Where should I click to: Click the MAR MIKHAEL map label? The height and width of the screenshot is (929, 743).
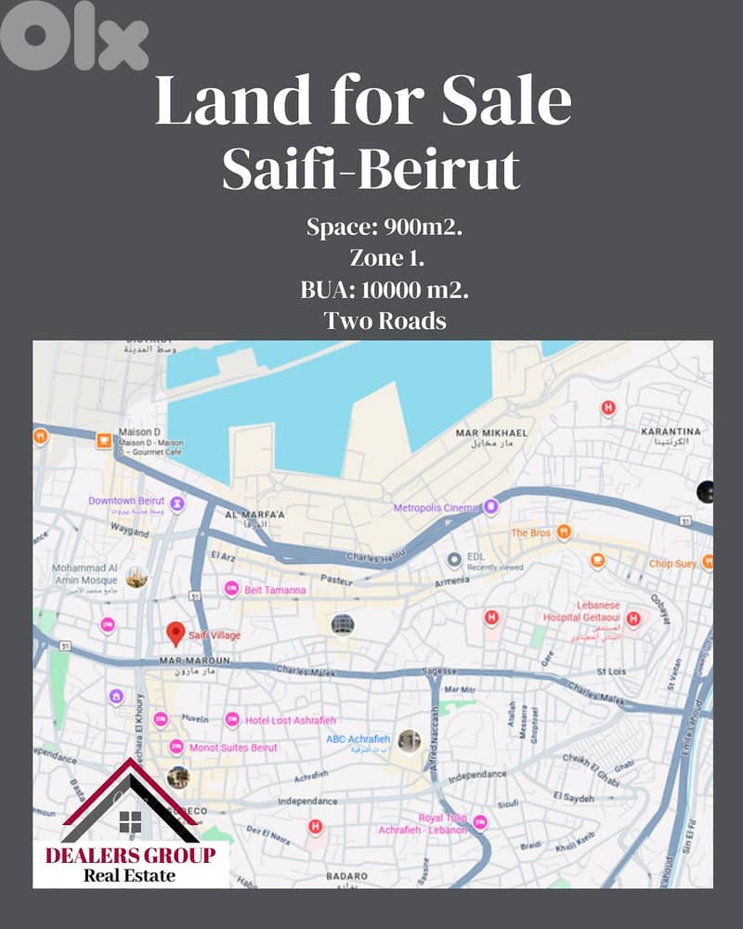[491, 434]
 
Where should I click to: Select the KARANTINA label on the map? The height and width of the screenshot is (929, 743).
[672, 432]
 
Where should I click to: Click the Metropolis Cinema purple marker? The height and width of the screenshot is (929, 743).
[491, 506]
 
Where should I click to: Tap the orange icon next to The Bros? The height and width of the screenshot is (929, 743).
[564, 532]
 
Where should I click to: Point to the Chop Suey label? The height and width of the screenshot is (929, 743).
[673, 563]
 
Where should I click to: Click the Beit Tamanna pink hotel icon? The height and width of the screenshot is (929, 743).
[231, 588]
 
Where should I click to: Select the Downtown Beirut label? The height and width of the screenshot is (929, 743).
[126, 501]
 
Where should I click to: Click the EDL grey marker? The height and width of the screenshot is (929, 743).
[454, 560]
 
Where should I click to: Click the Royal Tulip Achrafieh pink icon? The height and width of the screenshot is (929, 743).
[480, 822]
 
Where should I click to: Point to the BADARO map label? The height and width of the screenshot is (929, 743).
[347, 874]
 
